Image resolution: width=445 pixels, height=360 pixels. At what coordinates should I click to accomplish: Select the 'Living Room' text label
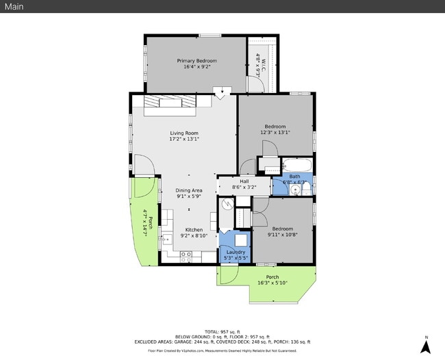pyautogui.click(x=184, y=133)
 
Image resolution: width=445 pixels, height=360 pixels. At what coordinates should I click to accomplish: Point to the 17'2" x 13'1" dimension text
pyautogui.click(x=184, y=139)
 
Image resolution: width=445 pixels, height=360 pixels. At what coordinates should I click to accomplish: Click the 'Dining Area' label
pyautogui.click(x=189, y=190)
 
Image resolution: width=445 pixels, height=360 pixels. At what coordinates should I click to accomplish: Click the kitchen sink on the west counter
pyautogui.click(x=166, y=240)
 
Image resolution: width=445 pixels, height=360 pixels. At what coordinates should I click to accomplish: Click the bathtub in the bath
pyautogui.click(x=297, y=165)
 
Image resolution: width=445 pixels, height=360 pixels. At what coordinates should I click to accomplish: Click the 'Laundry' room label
pyautogui.click(x=236, y=252)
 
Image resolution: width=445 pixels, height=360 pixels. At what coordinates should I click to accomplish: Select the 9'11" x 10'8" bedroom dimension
pyautogui.click(x=283, y=235)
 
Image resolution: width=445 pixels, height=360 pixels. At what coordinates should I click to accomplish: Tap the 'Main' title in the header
pyautogui.click(x=14, y=6)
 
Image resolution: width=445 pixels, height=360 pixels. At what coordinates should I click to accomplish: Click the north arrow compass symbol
pyautogui.click(x=425, y=346)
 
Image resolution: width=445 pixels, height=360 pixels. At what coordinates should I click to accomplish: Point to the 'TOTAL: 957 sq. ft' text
pyautogui.click(x=222, y=331)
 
